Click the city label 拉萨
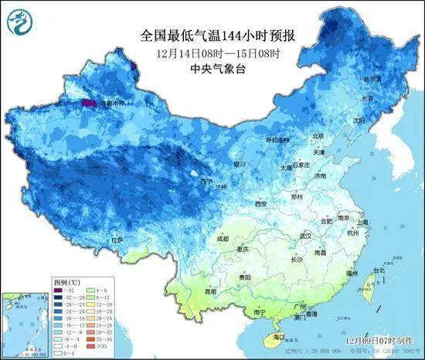(x=117, y=240)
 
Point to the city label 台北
(x=379, y=270)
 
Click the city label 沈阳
(x=358, y=121)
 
